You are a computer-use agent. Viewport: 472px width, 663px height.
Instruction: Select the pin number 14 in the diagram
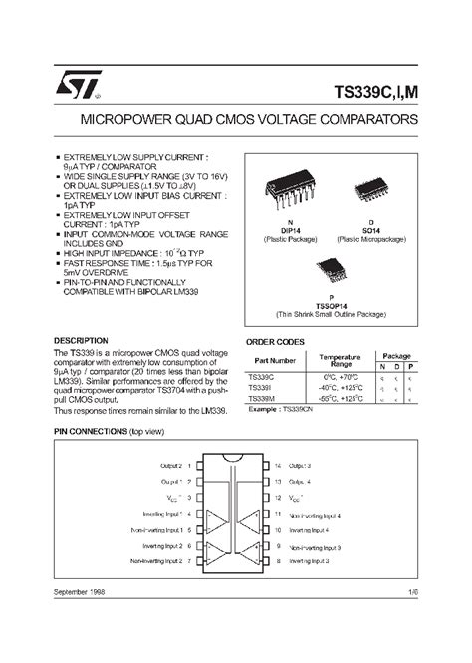tap(278, 465)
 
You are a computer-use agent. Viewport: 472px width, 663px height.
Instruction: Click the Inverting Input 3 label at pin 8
tap(315, 562)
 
